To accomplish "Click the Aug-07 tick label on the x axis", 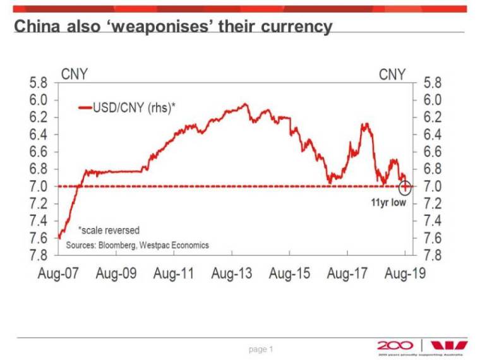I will tap(57, 273).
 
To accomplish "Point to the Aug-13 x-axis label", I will tap(231, 273).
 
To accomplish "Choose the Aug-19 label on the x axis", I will tap(405, 273).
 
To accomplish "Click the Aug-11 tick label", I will tap(173, 273).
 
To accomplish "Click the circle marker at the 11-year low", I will tap(405, 186).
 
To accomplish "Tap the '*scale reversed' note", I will tap(108, 231).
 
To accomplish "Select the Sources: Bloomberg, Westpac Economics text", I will tap(137, 244).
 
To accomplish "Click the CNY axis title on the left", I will tap(75, 74).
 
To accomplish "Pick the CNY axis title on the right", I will tap(392, 74).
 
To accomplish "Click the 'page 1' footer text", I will tap(261, 349).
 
